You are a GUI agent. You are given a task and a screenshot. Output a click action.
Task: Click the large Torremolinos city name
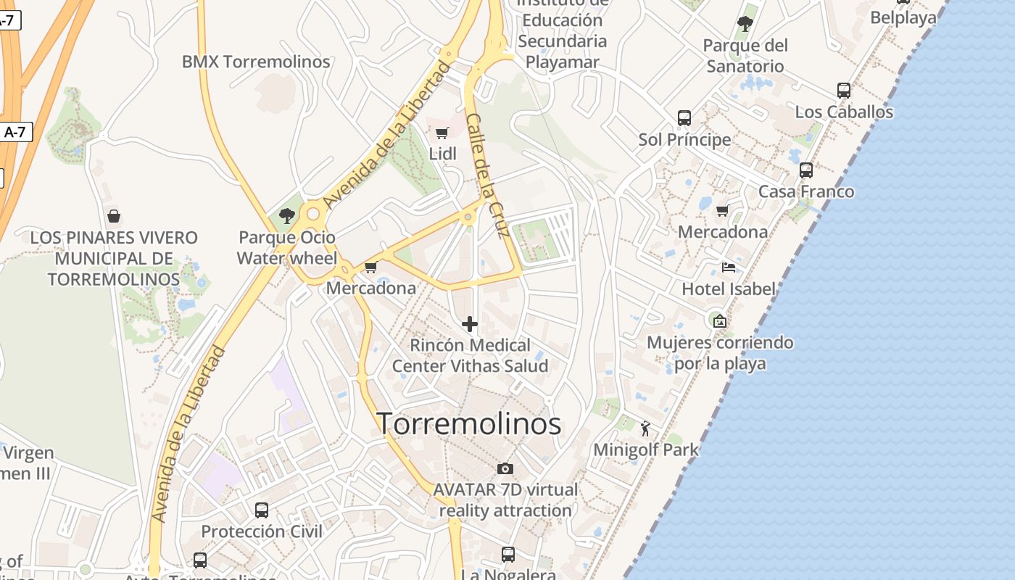coord(469,424)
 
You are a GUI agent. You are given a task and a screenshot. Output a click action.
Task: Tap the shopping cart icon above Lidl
coord(442,133)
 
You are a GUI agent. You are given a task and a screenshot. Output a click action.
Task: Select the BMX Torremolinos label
coord(256,62)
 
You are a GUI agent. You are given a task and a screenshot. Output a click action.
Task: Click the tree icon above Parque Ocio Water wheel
coord(287,215)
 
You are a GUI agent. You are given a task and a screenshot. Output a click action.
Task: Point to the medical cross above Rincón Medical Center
coord(470,323)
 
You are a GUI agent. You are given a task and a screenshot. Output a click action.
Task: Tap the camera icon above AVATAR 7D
coord(505,468)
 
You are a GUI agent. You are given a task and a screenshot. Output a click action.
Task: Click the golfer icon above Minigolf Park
coord(645,428)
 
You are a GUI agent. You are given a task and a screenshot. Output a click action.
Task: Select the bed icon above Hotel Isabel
coord(729,268)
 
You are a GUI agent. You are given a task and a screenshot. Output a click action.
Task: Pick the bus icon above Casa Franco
coord(805,170)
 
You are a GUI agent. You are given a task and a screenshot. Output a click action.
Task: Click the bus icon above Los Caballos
coord(844,91)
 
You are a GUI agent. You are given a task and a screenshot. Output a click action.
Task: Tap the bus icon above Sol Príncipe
coord(684,117)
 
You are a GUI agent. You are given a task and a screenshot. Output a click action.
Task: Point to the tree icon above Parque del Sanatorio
coord(745,24)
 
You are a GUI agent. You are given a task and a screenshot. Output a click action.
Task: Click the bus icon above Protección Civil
coord(262,510)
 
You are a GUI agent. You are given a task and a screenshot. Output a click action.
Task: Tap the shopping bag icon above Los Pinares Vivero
coord(113,216)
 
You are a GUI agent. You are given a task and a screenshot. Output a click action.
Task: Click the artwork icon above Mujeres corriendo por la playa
coord(719,320)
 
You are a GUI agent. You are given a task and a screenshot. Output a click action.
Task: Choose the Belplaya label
coord(903,17)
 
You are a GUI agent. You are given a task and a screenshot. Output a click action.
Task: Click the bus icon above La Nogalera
coord(508,555)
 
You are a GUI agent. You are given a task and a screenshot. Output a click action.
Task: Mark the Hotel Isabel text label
coord(729,289)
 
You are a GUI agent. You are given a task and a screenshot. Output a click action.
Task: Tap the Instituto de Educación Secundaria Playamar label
coord(562,32)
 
